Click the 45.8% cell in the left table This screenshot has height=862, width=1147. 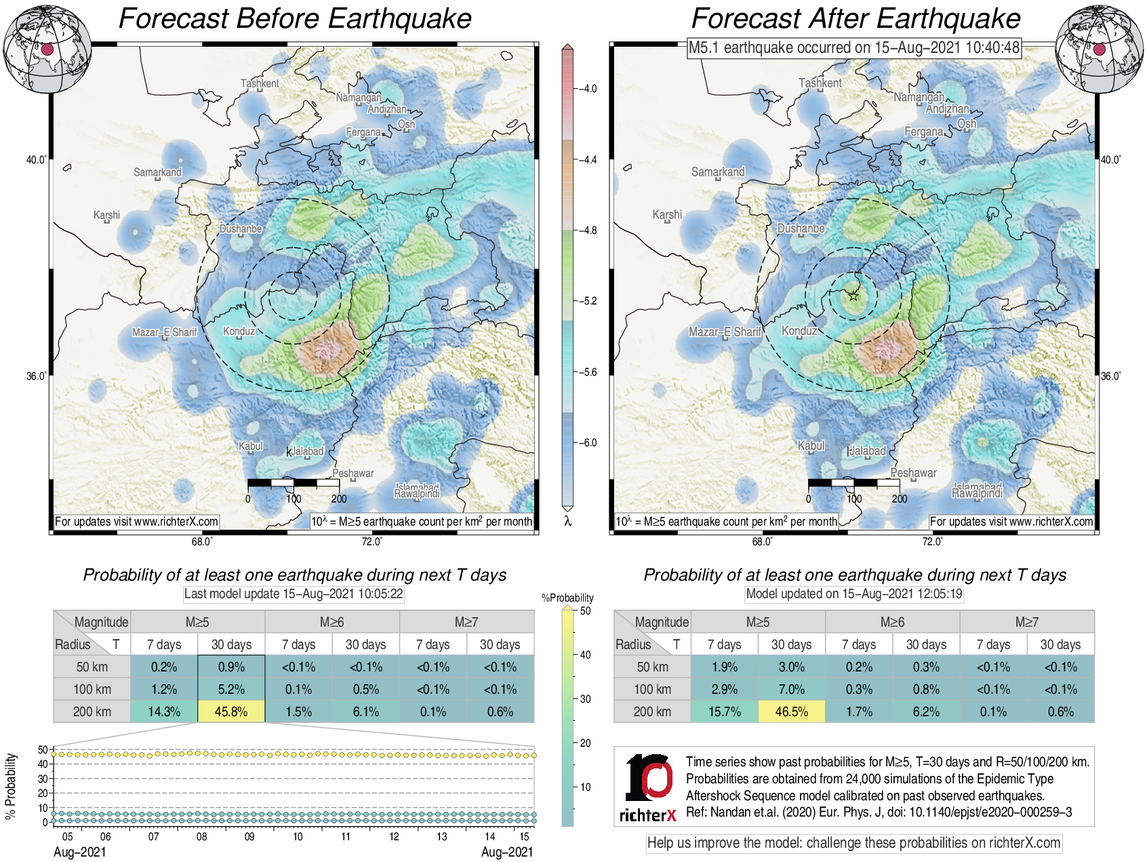click(231, 711)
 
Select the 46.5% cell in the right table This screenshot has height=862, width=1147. click(791, 711)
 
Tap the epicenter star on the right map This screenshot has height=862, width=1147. click(853, 295)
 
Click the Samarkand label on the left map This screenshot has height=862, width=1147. click(157, 172)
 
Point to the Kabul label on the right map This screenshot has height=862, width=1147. click(811, 446)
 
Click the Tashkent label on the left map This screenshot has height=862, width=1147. click(260, 83)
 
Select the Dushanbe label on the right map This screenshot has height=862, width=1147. click(801, 229)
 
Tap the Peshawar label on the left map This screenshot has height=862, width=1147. click(353, 473)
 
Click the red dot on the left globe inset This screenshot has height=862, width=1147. click(47, 50)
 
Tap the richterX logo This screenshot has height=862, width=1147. click(648, 787)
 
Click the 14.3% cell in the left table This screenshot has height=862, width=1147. click(164, 711)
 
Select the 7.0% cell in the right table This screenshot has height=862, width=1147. click(791, 689)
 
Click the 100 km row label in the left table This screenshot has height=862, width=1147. click(92, 689)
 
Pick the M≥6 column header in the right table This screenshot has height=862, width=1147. click(892, 622)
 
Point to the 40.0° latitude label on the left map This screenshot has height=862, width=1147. click(37, 160)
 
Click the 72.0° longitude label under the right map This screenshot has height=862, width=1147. click(932, 541)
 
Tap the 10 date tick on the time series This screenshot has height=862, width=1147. click(298, 837)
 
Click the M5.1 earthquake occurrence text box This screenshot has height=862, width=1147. click(853, 47)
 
